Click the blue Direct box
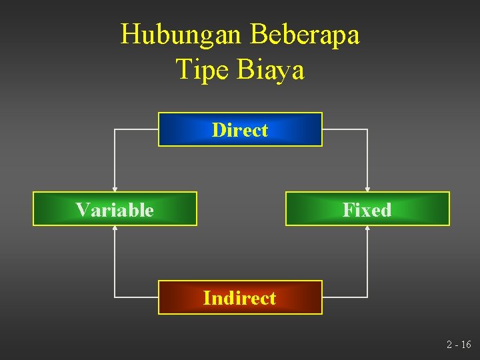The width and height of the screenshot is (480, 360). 240,129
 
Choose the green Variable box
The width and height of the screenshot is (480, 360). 115,209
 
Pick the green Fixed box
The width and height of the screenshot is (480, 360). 367,209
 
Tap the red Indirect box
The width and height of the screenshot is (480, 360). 240,297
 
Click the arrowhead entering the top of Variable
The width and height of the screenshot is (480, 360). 115,189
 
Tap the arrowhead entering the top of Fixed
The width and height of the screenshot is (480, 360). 367,189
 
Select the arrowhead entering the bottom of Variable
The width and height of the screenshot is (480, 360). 115,228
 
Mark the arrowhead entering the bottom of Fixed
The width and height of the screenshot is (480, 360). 367,228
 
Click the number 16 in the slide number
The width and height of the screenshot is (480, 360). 465,345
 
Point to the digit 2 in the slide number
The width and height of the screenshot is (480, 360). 449,345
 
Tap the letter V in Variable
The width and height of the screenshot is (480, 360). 82,209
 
